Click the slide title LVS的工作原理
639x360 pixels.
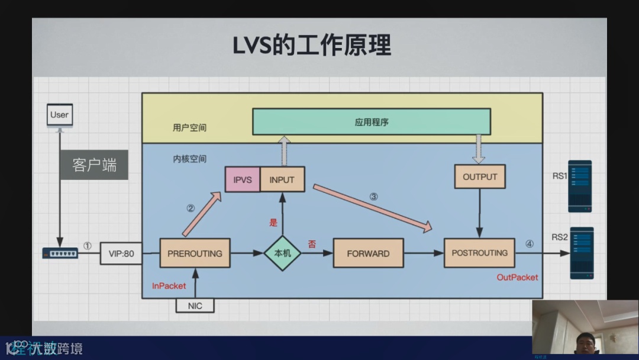tap(312, 46)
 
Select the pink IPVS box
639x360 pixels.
tap(243, 179)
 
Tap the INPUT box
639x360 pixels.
tap(282, 179)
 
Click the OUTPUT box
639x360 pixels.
tap(480, 176)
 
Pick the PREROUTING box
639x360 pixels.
tap(195, 253)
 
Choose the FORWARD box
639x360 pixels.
tap(368, 253)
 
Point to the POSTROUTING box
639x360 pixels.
tap(479, 253)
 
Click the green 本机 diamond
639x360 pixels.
tap(282, 253)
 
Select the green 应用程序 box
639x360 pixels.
tap(372, 122)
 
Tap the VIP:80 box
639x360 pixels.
tap(121, 254)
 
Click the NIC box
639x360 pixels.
tap(195, 306)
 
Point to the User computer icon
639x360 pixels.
tap(59, 117)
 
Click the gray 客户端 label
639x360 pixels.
tap(94, 165)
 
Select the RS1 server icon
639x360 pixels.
tap(580, 186)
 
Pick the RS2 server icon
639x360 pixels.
tap(581, 253)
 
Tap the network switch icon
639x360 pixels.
tap(60, 253)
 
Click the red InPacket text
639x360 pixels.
tap(169, 286)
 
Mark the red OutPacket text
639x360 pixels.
tap(517, 277)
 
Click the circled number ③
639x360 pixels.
tap(373, 197)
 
